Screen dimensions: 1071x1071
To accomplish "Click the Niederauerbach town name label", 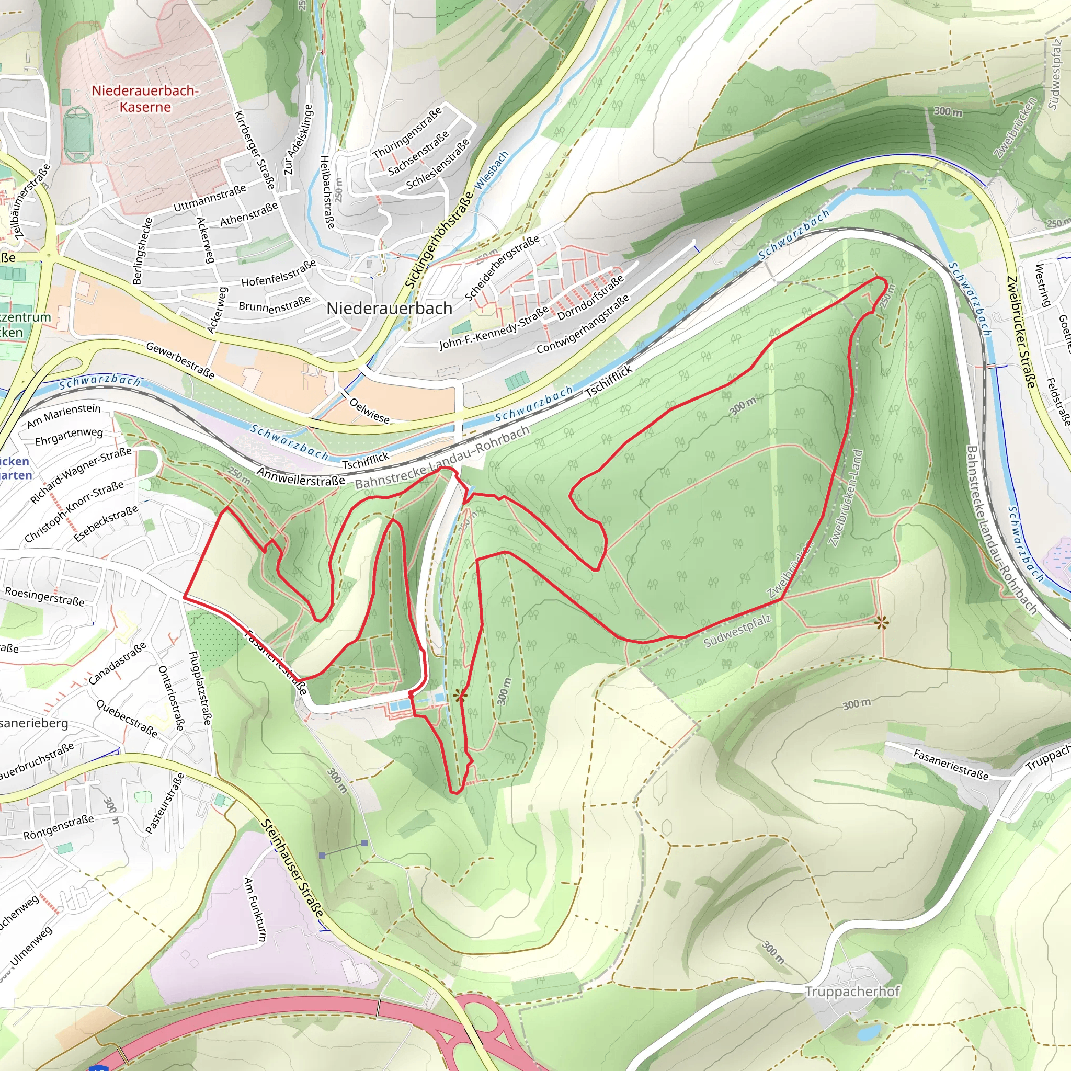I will coord(389,308).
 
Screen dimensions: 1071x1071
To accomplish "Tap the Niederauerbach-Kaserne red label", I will coord(145,99).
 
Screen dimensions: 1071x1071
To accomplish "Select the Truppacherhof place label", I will coord(851,992).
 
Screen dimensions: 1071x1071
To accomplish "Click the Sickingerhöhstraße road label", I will coord(439,240).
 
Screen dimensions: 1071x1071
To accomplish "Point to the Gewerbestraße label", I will coord(180,360).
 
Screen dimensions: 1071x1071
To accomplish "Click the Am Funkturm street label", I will coord(255,908).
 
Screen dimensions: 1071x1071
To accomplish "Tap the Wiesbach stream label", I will coord(492,170).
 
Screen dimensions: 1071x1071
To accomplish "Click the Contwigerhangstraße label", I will coord(583,324).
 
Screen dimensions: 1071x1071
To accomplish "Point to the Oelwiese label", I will coord(369,410).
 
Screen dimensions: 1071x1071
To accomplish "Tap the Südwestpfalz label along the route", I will coord(737,631).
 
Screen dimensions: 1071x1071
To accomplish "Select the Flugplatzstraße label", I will coord(200,687).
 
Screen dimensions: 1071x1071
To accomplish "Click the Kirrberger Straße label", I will coord(255,150).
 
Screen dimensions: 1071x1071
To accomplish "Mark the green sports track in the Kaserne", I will coord(77,135).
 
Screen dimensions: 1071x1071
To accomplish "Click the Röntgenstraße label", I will coord(59,827).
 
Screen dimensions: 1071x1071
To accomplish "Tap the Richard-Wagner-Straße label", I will coord(81,475).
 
